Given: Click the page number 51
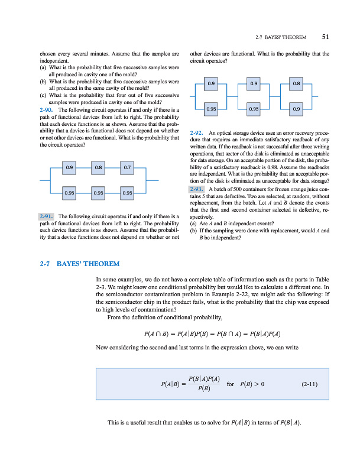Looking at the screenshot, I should point(326,37).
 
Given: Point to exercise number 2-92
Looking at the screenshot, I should point(198,132).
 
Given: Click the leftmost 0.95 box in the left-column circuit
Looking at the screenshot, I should point(69,192).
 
